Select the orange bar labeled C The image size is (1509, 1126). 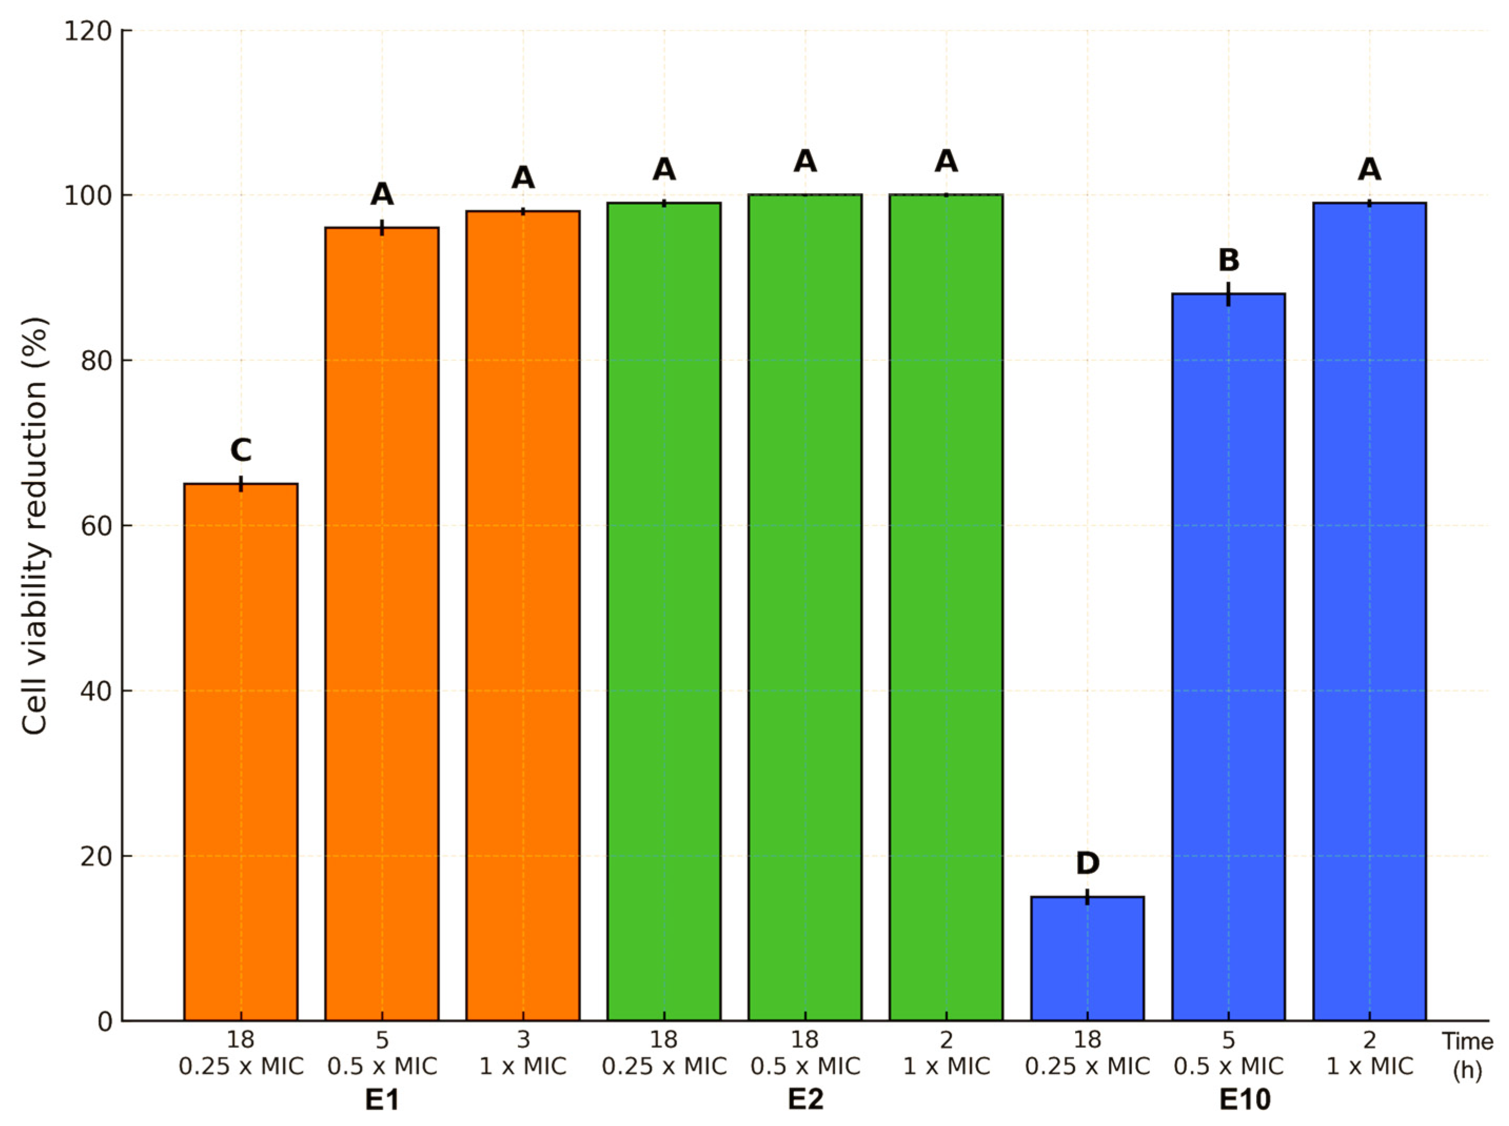(x=241, y=750)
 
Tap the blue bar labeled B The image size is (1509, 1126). (x=1228, y=654)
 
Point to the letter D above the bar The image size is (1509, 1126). (x=1087, y=864)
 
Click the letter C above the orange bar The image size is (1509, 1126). (x=241, y=450)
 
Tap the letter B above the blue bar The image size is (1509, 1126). (x=1228, y=260)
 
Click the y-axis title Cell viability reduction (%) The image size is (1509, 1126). (x=35, y=526)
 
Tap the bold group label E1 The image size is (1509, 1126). (x=382, y=1100)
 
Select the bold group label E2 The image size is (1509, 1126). (x=805, y=1100)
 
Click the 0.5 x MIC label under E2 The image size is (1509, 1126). (x=805, y=1065)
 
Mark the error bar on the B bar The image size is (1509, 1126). (x=1228, y=294)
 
